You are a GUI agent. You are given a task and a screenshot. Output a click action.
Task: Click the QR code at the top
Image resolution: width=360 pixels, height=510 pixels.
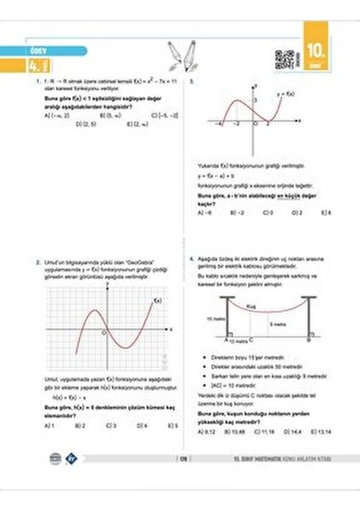click(284, 59)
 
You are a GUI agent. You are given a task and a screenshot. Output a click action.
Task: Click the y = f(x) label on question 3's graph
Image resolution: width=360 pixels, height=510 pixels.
click(286, 93)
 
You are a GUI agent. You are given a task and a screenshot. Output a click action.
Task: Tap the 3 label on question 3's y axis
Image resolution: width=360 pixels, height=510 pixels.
click(251, 100)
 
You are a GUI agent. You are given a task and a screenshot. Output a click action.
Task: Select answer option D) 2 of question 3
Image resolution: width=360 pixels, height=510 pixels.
click(300, 212)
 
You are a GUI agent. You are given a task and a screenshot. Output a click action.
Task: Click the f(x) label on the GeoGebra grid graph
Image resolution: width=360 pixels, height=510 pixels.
click(156, 300)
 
